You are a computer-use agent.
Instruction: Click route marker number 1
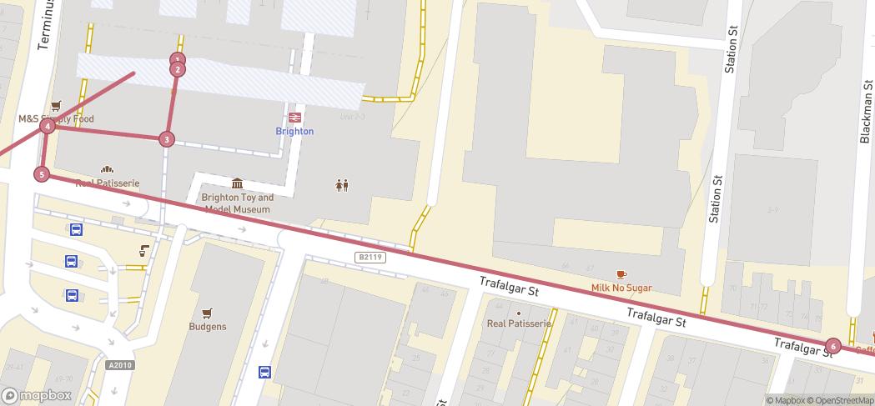click(177, 59)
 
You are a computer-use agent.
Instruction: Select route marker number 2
click(177, 69)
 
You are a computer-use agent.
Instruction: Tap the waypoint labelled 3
click(168, 139)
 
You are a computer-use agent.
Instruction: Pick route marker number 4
click(48, 126)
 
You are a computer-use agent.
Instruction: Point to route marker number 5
click(42, 174)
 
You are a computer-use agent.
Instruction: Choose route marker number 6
click(832, 346)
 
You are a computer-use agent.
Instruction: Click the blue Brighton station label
click(294, 132)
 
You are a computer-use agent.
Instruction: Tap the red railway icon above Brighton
click(294, 118)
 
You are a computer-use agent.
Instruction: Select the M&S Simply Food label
click(57, 119)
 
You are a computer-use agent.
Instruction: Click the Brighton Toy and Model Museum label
click(238, 203)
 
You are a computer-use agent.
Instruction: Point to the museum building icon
click(238, 183)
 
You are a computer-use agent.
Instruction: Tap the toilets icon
click(341, 185)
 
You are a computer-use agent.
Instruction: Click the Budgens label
click(208, 327)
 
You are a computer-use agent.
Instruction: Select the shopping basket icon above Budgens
click(208, 311)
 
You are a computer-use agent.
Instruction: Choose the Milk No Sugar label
click(621, 288)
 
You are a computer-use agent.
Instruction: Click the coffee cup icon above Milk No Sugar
click(621, 273)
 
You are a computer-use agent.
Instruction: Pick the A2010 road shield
click(120, 364)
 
